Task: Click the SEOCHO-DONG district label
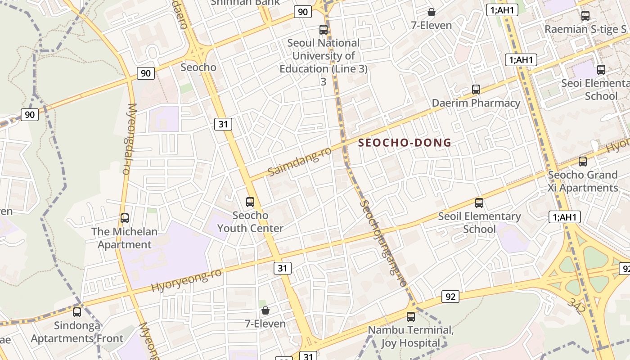pyautogui.click(x=405, y=143)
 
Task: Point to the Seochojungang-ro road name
pyautogui.click(x=383, y=243)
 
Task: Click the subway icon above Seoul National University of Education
pyautogui.click(x=324, y=30)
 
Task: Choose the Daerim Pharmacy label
pyautogui.click(x=476, y=103)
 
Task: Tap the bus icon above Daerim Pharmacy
pyautogui.click(x=476, y=90)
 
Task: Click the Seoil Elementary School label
pyautogui.click(x=479, y=223)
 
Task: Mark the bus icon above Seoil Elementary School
pyautogui.click(x=479, y=203)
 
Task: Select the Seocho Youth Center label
pyautogui.click(x=250, y=222)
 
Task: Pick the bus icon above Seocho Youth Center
pyautogui.click(x=250, y=202)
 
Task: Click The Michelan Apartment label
pyautogui.click(x=125, y=238)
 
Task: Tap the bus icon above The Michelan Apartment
pyautogui.click(x=125, y=218)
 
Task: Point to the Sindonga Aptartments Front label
pyautogui.click(x=77, y=332)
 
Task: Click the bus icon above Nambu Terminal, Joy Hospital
pyautogui.click(x=411, y=316)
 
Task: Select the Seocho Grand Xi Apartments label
pyautogui.click(x=583, y=181)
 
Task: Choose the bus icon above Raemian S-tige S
pyautogui.click(x=585, y=16)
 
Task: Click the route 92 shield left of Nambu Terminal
pyautogui.click(x=450, y=297)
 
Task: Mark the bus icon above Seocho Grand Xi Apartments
pyautogui.click(x=583, y=162)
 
